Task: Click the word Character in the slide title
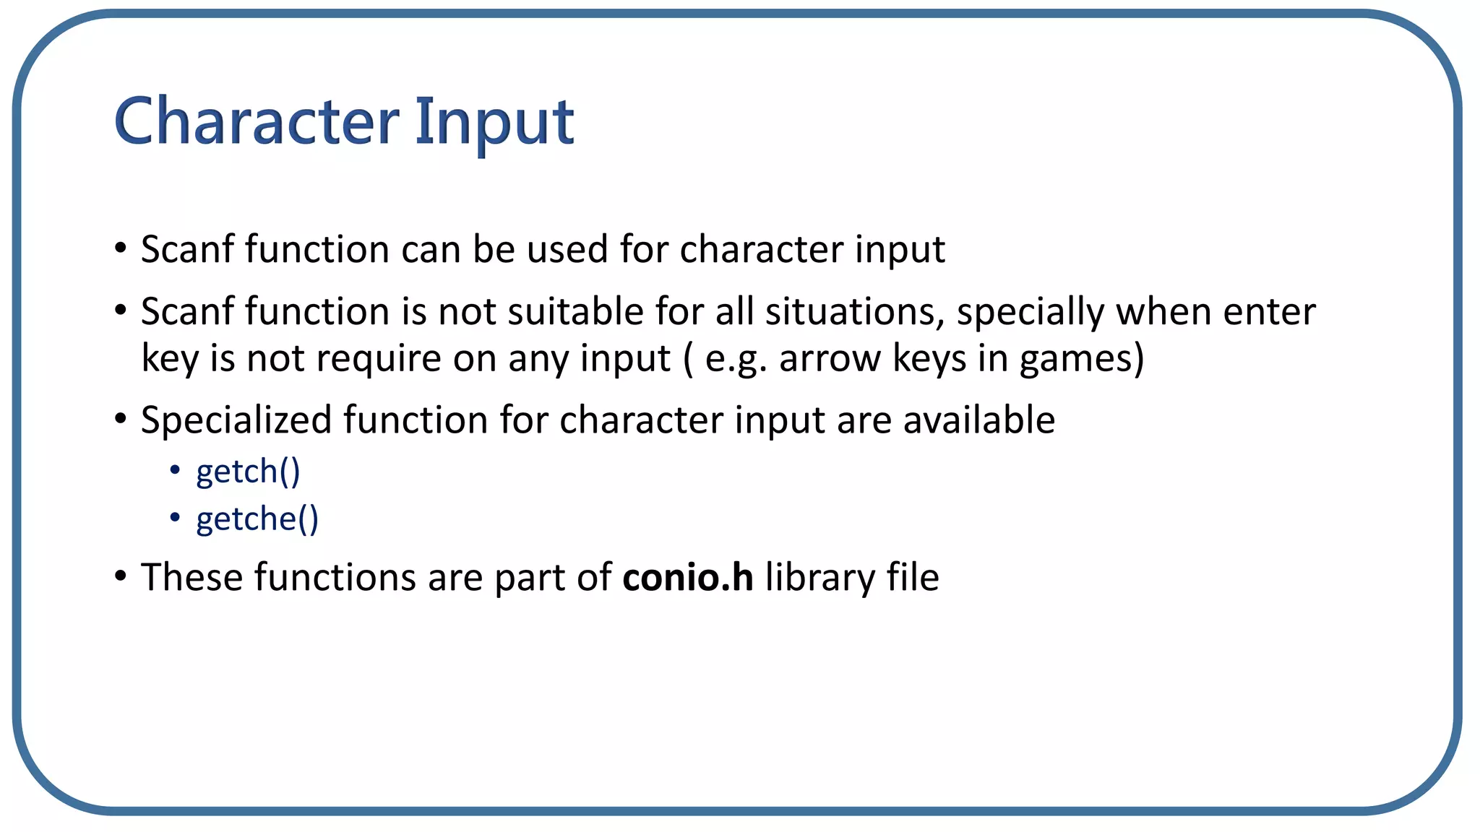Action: coord(256,121)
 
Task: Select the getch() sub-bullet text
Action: coord(248,472)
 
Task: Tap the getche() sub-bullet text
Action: coord(257,519)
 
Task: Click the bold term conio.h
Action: coord(687,578)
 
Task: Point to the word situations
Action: coord(855,312)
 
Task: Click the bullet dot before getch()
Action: coord(175,471)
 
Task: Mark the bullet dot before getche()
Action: coord(175,518)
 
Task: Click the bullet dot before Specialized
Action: coord(121,419)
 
